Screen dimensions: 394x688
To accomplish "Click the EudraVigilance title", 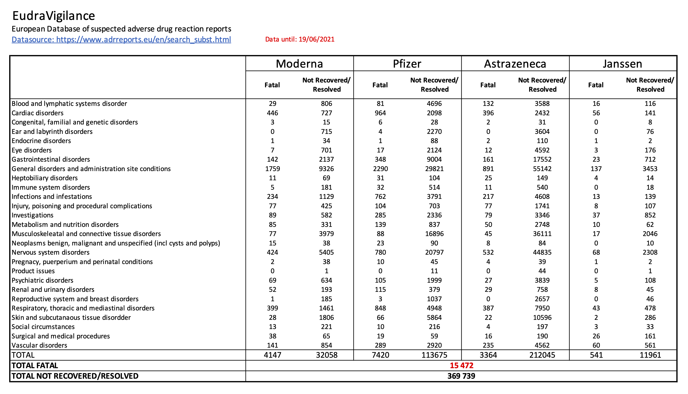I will point(54,16).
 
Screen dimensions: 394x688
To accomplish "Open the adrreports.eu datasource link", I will point(121,40).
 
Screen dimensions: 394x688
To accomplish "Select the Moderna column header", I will point(299,64).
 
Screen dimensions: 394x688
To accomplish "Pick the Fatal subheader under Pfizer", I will point(380,85).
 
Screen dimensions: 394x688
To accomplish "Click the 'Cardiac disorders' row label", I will point(37,113).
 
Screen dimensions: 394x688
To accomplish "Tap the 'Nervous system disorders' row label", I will point(50,252).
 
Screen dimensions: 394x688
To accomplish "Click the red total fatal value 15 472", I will point(462,366).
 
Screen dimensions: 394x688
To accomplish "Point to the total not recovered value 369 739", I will point(461,376).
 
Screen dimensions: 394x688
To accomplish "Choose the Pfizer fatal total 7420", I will point(380,355).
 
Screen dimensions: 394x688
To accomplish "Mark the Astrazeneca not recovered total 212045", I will point(542,355).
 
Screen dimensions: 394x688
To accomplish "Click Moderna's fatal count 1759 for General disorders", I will point(272,169).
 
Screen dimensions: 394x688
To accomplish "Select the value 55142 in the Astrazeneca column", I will point(542,169).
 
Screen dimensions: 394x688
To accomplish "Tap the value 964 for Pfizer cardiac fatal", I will point(380,113).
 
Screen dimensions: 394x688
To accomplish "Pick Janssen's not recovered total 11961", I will point(650,355).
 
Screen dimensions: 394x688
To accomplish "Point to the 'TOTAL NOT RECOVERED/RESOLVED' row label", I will point(75,376).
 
